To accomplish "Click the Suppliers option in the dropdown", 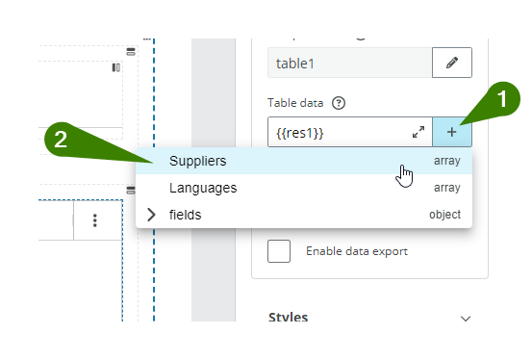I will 198,161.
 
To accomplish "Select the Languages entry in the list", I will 203,188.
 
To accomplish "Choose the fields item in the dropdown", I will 186,215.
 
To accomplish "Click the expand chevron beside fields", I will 151,215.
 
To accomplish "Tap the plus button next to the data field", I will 452,132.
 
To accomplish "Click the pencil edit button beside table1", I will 452,64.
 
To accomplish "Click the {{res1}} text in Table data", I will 298,132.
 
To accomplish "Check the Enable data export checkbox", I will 279,251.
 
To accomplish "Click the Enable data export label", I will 357,251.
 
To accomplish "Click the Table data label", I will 296,103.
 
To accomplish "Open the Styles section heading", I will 289,318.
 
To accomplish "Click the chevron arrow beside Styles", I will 467,319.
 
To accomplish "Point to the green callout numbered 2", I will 61,140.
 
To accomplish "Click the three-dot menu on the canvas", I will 95,220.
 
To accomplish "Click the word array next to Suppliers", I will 446,161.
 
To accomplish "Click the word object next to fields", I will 444,215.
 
